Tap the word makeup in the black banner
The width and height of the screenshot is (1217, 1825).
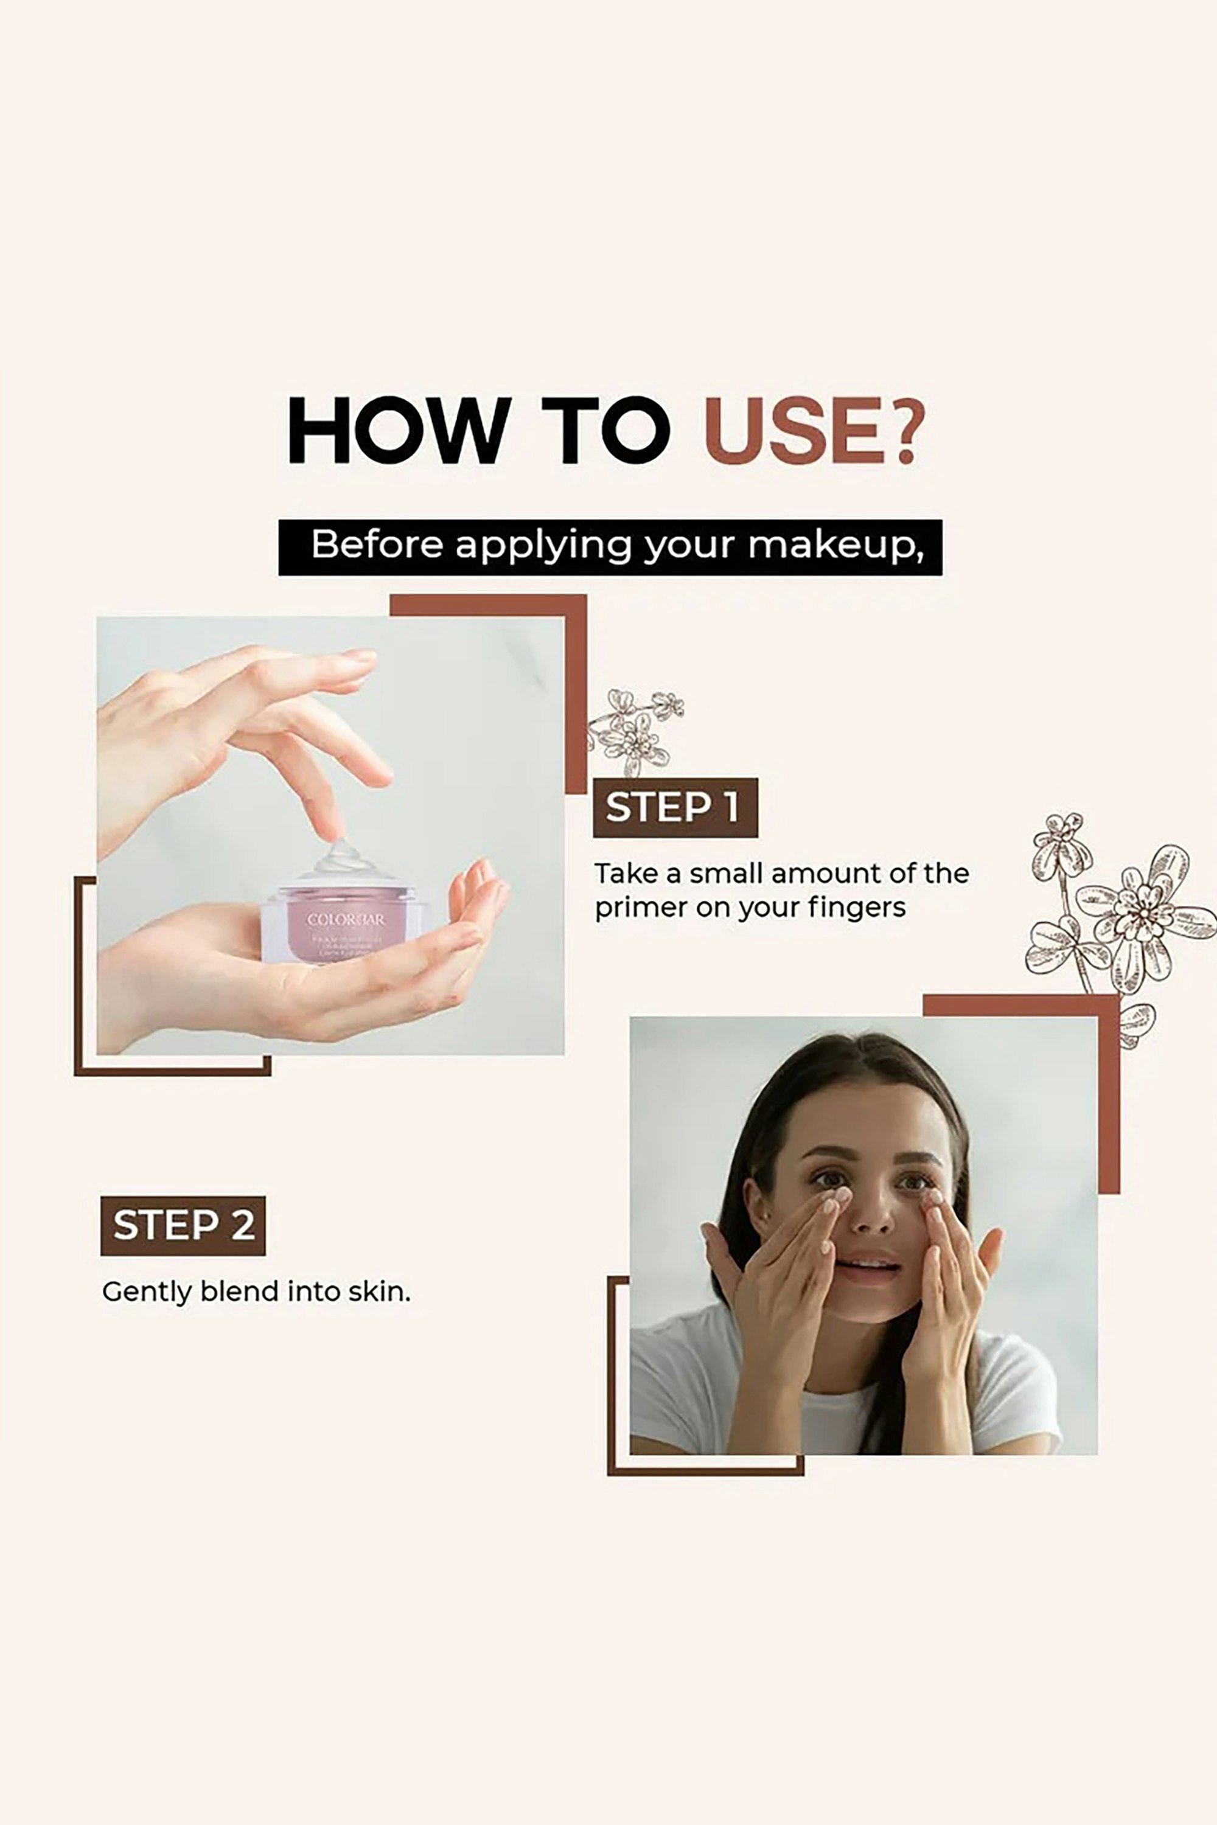[x=835, y=546]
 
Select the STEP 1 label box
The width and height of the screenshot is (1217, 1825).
[x=674, y=808]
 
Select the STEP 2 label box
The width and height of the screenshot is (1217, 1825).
[x=183, y=1226]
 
